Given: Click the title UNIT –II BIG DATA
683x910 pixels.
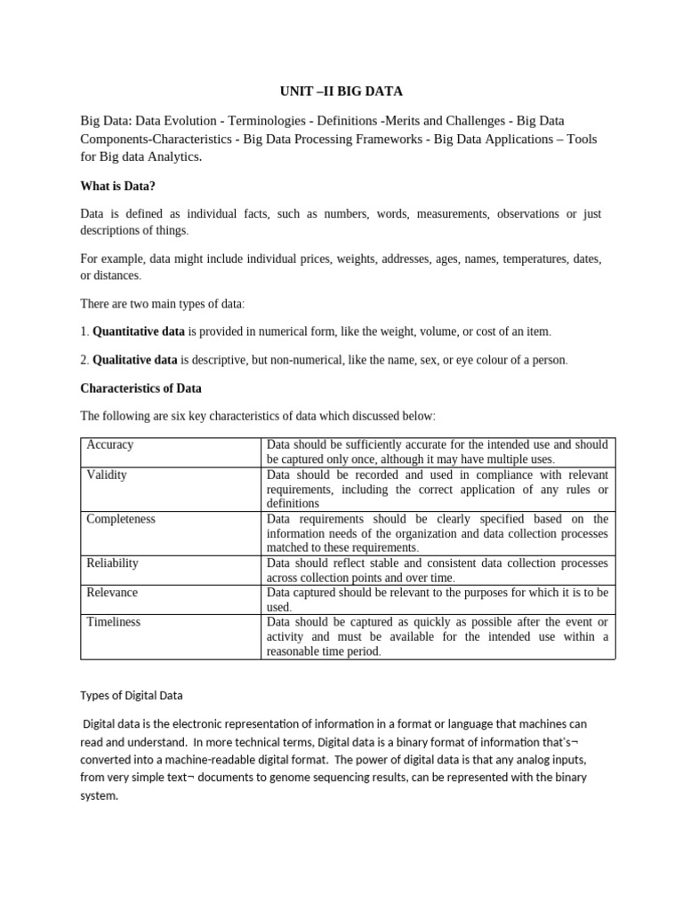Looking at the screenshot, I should click(x=341, y=91).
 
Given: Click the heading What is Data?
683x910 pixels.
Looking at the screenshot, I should click(x=117, y=186).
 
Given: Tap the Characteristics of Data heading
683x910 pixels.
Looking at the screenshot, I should click(x=141, y=388).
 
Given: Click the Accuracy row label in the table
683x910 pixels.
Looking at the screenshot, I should click(x=110, y=444).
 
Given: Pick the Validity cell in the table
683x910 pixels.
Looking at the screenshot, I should click(x=107, y=475).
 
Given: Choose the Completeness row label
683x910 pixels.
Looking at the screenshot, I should click(x=121, y=519).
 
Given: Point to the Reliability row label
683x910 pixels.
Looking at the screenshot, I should click(x=112, y=563).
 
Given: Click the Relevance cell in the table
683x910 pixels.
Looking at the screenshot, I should click(x=112, y=593).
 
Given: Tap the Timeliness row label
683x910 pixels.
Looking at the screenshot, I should click(x=114, y=622).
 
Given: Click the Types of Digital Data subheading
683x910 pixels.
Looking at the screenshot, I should click(x=132, y=695).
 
